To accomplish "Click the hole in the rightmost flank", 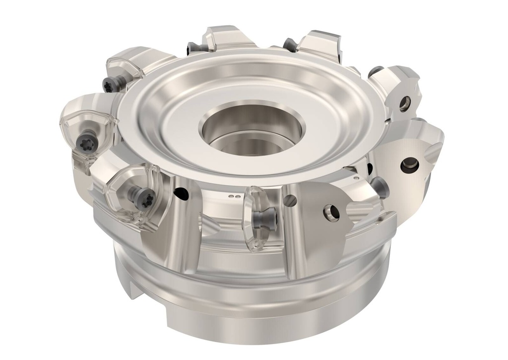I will coord(409,165).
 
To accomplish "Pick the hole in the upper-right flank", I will coord(405,103).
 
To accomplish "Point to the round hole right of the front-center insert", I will coord(291,201).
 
